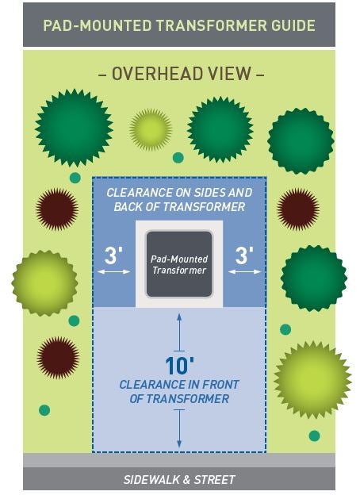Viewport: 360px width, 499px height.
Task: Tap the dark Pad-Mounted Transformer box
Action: tap(179, 264)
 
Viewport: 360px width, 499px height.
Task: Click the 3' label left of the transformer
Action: tap(113, 255)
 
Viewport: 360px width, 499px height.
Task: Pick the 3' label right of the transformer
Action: tap(244, 255)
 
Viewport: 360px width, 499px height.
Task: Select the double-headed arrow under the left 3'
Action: tap(113, 272)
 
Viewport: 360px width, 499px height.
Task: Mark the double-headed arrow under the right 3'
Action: tap(244, 272)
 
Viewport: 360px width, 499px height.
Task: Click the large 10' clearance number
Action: tap(180, 366)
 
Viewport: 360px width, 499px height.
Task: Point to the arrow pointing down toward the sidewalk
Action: tap(179, 428)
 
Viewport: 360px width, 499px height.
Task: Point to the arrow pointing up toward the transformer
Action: tap(179, 332)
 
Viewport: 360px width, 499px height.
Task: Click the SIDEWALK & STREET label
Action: tap(179, 479)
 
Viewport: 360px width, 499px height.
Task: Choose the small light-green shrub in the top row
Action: tap(151, 129)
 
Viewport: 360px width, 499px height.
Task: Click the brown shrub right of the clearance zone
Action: tap(297, 209)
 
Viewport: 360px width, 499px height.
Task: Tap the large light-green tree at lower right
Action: tap(312, 380)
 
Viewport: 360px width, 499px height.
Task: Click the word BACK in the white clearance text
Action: tap(128, 207)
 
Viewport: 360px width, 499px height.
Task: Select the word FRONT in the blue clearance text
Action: tap(220, 385)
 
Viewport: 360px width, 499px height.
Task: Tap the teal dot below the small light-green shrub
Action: tap(178, 158)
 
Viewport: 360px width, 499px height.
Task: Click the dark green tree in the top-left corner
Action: tap(74, 128)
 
